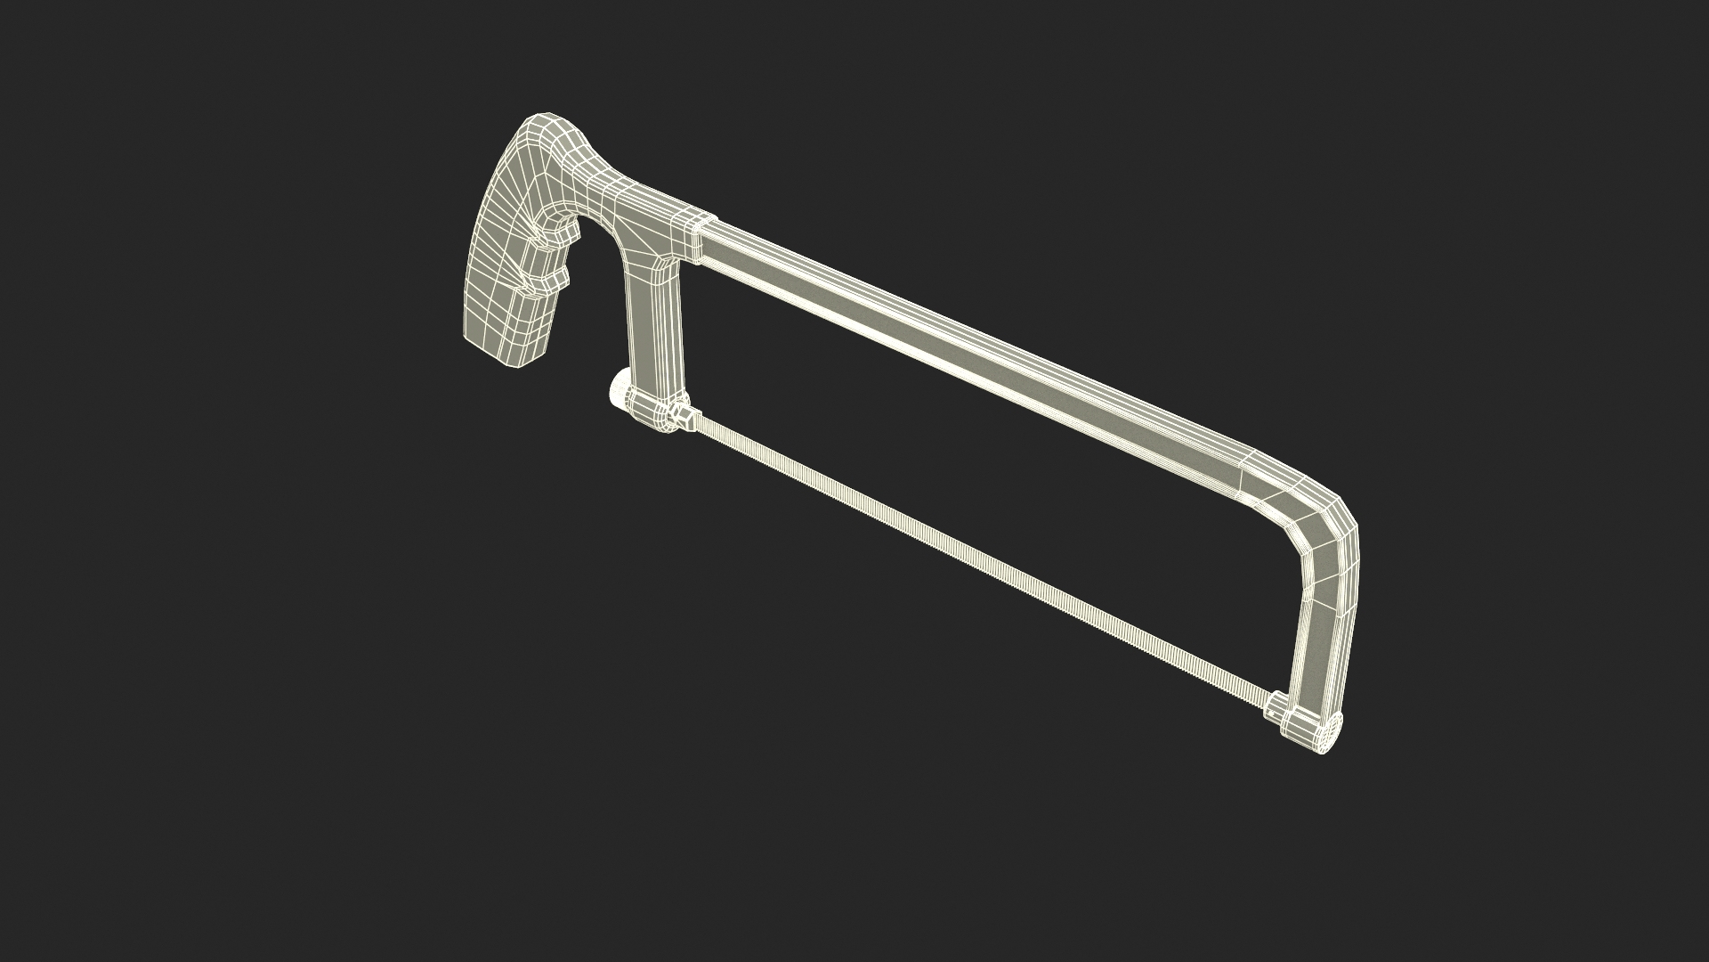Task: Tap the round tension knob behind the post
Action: point(616,392)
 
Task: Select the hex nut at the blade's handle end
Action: point(684,417)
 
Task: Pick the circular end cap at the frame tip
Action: point(1328,736)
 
